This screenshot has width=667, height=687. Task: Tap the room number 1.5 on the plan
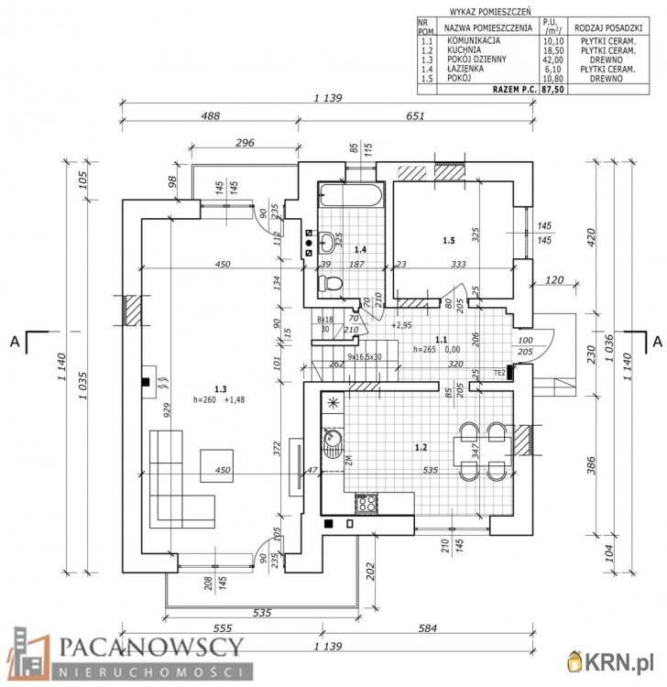coord(448,241)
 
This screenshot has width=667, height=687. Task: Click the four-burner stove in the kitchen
coord(366,502)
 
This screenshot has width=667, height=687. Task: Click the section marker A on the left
coord(15,342)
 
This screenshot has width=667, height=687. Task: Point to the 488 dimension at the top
coord(211,116)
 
